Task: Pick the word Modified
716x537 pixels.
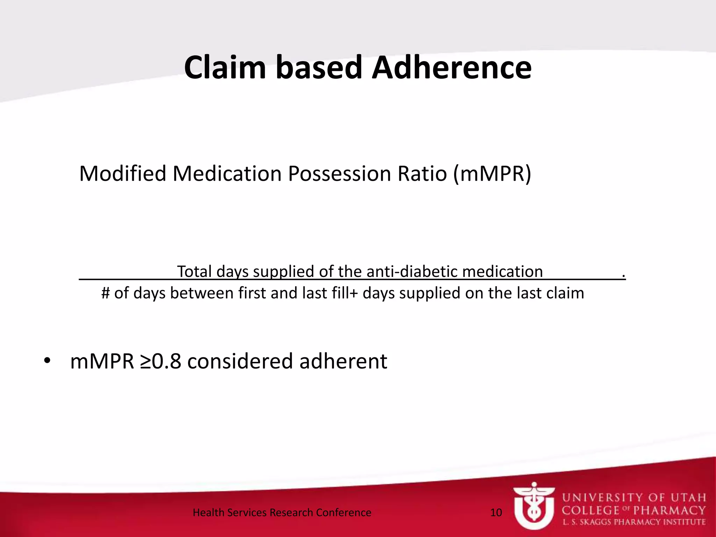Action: [122, 174]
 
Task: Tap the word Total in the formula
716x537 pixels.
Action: [194, 272]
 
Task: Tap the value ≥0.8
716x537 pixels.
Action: [160, 361]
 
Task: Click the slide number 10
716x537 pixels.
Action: [496, 513]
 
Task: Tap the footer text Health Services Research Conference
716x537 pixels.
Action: [282, 513]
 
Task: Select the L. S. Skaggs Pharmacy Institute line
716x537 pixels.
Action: [634, 522]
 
